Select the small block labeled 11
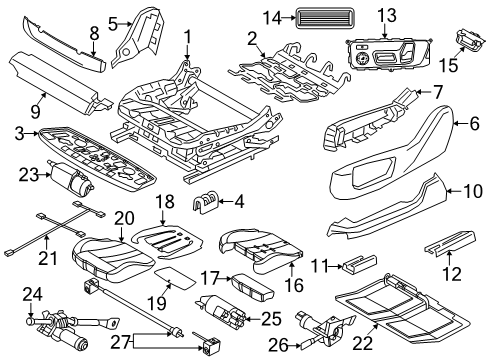pyautogui.click(x=355, y=266)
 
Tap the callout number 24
pyautogui.click(x=31, y=322)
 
